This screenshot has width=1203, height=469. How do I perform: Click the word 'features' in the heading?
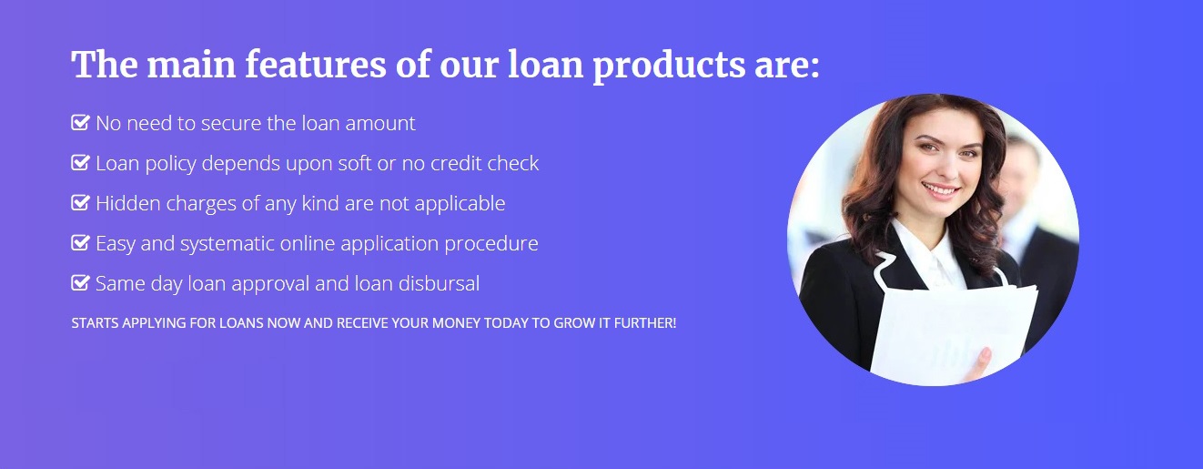(316, 65)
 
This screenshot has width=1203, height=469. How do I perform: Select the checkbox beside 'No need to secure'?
(80, 123)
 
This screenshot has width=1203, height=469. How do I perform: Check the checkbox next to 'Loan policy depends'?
(80, 162)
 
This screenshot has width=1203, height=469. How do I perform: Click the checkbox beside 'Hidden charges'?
(80, 202)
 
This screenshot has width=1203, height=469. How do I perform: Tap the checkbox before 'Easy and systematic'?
(80, 243)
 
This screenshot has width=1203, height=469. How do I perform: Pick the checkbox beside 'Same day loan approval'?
(80, 282)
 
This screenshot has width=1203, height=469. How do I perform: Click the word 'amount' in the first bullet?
(380, 124)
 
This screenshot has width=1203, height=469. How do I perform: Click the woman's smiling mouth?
(940, 190)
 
